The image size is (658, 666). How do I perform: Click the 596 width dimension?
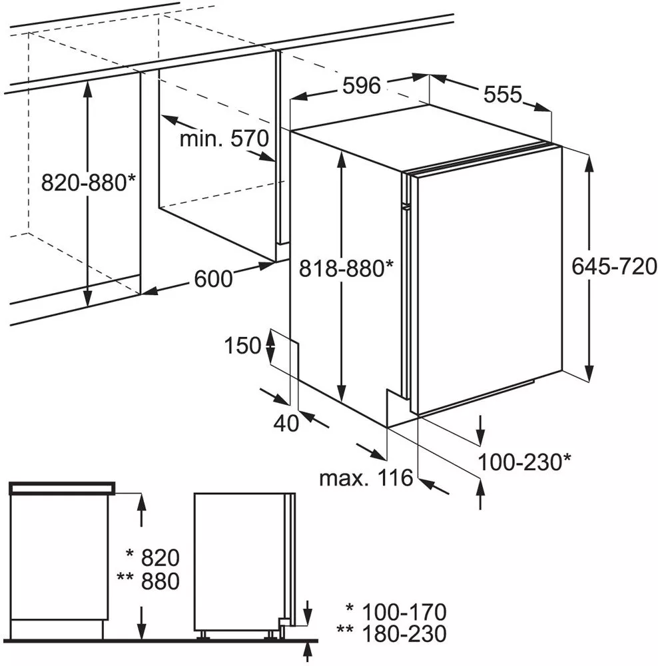tap(362, 86)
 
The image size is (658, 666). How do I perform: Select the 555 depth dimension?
tap(503, 94)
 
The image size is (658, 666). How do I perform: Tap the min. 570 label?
tap(224, 139)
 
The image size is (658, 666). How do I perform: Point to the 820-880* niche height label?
tap(88, 183)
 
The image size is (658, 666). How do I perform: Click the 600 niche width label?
tap(213, 279)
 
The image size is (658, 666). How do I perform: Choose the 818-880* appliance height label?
tap(346, 268)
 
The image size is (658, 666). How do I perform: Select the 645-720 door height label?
tap(614, 267)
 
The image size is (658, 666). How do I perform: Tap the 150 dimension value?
tap(242, 345)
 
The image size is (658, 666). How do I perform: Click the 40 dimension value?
tap(286, 423)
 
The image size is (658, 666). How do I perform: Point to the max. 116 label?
tap(366, 478)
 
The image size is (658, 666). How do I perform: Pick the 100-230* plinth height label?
tap(524, 462)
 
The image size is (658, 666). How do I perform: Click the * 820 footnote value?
tap(153, 557)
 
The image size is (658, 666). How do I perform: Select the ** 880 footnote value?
tap(148, 581)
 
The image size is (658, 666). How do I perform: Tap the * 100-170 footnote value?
tap(396, 612)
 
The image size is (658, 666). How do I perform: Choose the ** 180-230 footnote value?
tap(391, 634)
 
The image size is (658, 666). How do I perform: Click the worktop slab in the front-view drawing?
tap(62, 488)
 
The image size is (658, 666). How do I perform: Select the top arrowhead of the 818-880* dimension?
tap(341, 159)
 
